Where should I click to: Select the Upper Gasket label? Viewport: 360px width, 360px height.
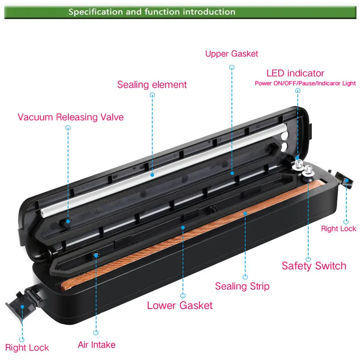(232, 54)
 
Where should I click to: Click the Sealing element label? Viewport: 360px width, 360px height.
(152, 85)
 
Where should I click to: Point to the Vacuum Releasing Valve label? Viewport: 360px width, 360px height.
(71, 117)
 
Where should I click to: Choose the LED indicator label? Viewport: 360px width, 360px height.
(295, 73)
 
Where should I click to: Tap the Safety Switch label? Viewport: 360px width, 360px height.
(314, 265)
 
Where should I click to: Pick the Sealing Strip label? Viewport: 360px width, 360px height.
(242, 286)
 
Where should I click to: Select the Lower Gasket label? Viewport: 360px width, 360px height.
(180, 306)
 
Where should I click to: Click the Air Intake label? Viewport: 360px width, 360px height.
(96, 345)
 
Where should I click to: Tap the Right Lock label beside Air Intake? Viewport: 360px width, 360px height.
(27, 347)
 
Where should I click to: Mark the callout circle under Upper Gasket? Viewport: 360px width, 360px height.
(232, 67)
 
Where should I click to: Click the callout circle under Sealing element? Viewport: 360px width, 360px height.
(153, 95)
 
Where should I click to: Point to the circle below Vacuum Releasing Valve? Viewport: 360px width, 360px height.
(68, 128)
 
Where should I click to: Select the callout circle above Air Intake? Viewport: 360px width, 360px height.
(96, 333)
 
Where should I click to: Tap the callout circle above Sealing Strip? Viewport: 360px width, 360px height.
(245, 277)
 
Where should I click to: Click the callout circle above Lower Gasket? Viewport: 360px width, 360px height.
(183, 295)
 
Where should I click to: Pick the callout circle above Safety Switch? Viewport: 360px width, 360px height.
(309, 259)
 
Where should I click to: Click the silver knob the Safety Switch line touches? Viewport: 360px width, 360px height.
(309, 170)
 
